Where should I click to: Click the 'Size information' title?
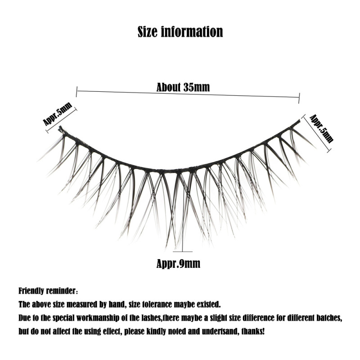(x=180, y=32)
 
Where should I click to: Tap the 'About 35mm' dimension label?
(x=183, y=87)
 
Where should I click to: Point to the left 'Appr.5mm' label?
(x=57, y=113)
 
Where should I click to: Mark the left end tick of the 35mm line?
(x=77, y=92)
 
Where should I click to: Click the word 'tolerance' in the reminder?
(x=143, y=304)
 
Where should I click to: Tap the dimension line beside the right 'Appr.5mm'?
(x=317, y=133)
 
